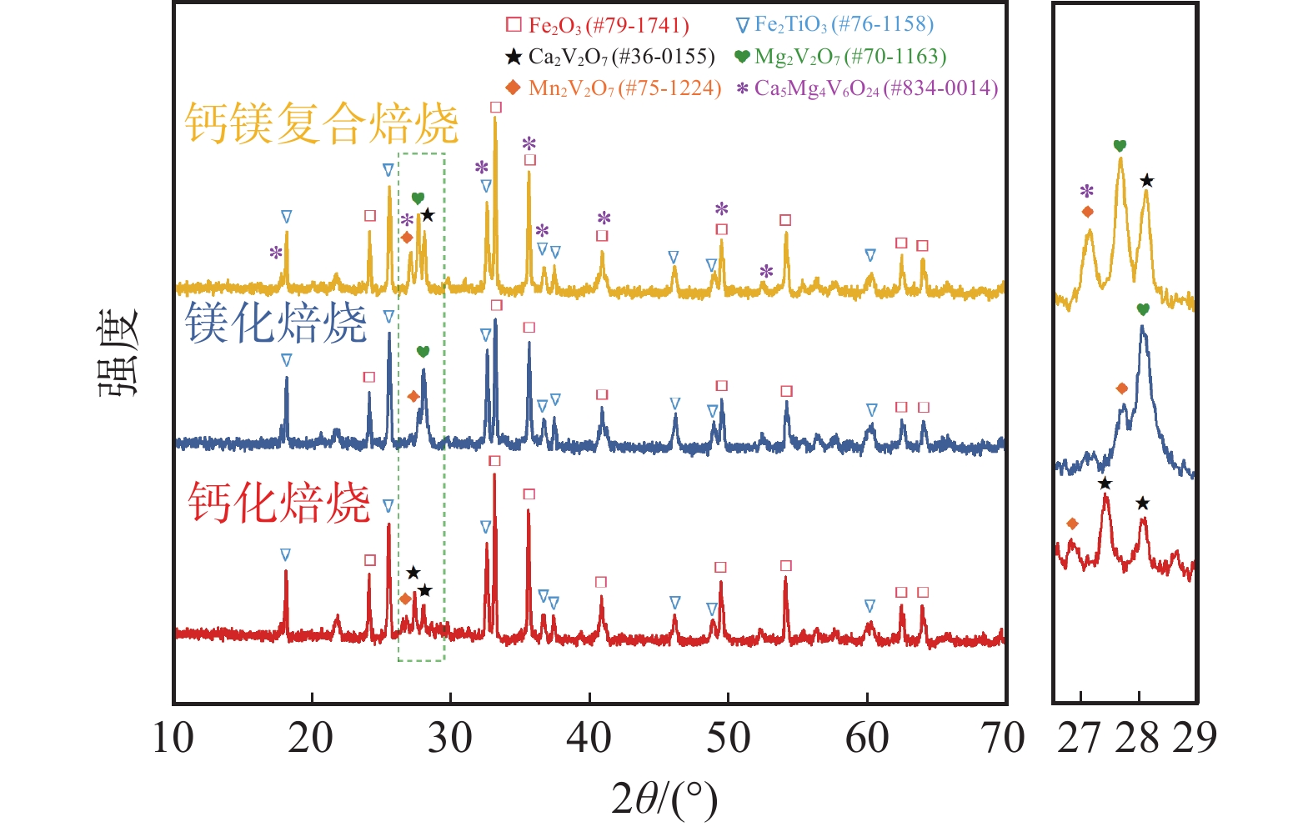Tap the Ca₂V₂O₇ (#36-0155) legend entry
(610, 57)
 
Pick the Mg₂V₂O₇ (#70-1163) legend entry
(840, 57)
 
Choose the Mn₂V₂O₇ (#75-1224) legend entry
(614, 88)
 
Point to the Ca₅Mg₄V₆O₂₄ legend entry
(867, 88)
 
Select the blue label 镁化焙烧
(276, 323)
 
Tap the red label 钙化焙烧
(278, 503)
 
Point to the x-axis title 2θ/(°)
(664, 798)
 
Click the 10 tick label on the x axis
(173, 738)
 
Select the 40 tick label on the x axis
(589, 738)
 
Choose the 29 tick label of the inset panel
(1195, 738)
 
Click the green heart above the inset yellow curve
(1120, 146)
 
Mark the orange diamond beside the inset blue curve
(1122, 388)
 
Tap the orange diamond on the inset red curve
(1072, 524)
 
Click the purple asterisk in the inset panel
(1086, 191)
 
